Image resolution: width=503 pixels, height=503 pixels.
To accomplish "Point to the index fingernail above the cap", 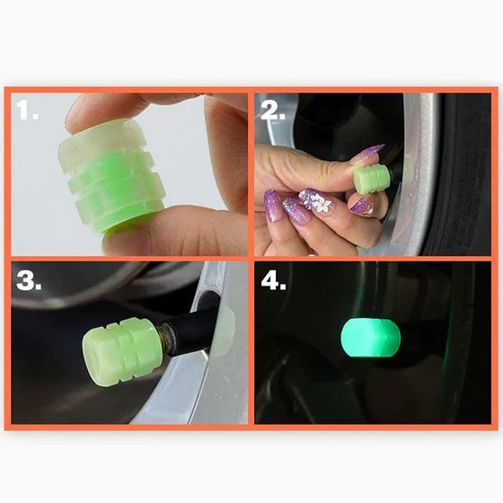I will pos(368,154).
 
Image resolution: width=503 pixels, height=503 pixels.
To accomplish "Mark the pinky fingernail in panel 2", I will pos(272,206).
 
